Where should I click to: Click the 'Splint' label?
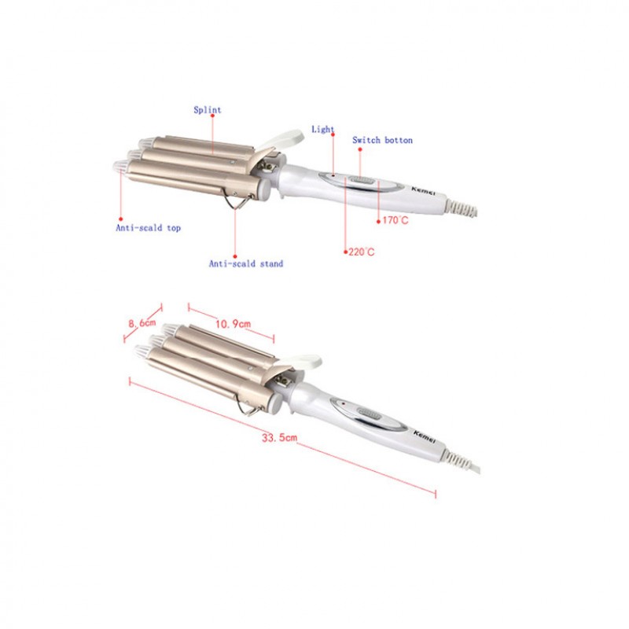click(x=208, y=109)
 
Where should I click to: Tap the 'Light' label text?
click(x=323, y=129)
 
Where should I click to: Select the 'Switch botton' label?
click(x=382, y=140)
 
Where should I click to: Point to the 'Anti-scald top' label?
click(x=149, y=228)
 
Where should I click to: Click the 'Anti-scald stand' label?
click(x=246, y=263)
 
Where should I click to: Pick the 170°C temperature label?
click(x=395, y=220)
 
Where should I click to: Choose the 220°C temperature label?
click(x=362, y=252)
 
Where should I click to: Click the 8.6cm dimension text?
click(x=142, y=322)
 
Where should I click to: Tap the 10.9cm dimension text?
click(x=233, y=324)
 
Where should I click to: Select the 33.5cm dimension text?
click(x=280, y=437)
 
